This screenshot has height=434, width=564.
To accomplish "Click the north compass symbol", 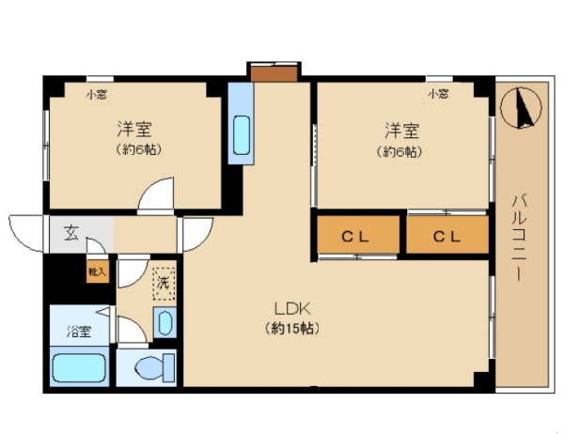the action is pyautogui.click(x=521, y=107).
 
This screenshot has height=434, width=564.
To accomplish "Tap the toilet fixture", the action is pyautogui.click(x=155, y=367).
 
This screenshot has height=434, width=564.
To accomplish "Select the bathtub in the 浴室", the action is pyautogui.click(x=79, y=367).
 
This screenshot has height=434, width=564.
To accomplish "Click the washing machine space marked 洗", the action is pyautogui.click(x=164, y=284).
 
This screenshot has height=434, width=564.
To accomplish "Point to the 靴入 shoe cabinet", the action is pyautogui.click(x=98, y=271).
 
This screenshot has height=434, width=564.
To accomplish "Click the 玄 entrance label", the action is pyautogui.click(x=70, y=233).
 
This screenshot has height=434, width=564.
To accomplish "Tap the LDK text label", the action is pyautogui.click(x=292, y=308).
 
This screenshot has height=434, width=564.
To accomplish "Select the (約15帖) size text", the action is pyautogui.click(x=292, y=328).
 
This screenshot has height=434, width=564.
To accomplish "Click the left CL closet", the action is pyautogui.click(x=358, y=235).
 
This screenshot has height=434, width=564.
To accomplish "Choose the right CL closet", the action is pyautogui.click(x=447, y=235).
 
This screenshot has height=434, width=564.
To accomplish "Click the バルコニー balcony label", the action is pyautogui.click(x=519, y=237).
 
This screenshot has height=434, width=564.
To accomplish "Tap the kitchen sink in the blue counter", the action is pyautogui.click(x=241, y=135).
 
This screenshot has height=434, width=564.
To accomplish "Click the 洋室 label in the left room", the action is pyautogui.click(x=134, y=129).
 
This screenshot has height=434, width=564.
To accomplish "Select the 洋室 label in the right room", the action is pyautogui.click(x=402, y=131).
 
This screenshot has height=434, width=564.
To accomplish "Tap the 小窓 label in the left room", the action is pyautogui.click(x=96, y=95).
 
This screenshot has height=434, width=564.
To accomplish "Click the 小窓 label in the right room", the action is pyautogui.click(x=438, y=94).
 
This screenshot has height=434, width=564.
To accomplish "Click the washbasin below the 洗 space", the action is pyautogui.click(x=164, y=323).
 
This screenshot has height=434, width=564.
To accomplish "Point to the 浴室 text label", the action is pyautogui.click(x=79, y=332).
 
